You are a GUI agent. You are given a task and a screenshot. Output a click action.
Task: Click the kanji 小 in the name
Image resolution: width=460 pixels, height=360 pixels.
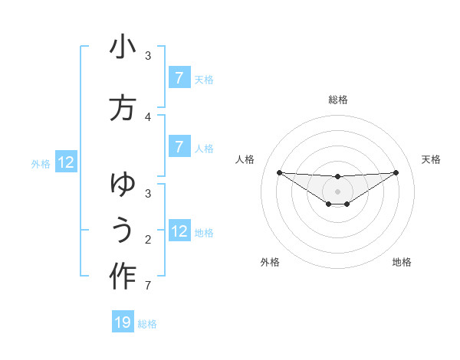point(123,48)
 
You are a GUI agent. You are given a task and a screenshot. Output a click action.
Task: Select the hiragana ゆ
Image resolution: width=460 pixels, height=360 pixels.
point(123,185)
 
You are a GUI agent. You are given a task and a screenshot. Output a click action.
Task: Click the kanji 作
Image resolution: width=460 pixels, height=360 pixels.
point(123,276)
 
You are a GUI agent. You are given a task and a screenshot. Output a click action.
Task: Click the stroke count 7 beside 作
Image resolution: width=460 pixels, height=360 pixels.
point(148,286)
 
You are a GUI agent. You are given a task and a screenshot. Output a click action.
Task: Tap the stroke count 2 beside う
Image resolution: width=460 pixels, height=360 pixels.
point(148,239)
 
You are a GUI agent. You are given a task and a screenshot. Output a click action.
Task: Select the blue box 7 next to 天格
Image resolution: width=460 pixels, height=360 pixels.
point(179,78)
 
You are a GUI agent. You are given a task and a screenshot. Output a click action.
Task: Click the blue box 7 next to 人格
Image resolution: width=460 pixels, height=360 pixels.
point(179,147)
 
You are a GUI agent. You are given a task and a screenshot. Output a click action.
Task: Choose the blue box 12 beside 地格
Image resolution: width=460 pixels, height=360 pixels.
point(179,231)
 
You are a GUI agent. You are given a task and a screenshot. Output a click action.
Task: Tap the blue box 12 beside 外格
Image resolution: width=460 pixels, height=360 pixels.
point(66,162)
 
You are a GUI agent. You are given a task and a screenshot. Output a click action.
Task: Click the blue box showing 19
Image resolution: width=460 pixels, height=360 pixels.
point(123,322)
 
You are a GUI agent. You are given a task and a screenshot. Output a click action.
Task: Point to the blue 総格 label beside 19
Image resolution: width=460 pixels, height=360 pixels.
point(147,323)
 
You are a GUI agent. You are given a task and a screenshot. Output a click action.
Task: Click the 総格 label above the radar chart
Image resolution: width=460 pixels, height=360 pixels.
point(337,100)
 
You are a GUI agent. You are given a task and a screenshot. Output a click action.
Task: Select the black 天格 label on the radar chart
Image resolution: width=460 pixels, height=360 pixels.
point(431,159)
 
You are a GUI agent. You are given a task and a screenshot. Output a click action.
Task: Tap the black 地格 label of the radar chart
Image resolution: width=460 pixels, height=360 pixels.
point(402,262)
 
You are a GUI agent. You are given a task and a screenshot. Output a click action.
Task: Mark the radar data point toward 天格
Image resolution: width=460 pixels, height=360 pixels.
point(396,172)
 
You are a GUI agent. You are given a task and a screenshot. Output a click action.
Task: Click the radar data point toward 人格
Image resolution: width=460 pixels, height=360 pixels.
point(279,172)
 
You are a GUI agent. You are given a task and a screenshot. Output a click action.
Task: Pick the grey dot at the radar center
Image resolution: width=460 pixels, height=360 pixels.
point(337,191)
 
